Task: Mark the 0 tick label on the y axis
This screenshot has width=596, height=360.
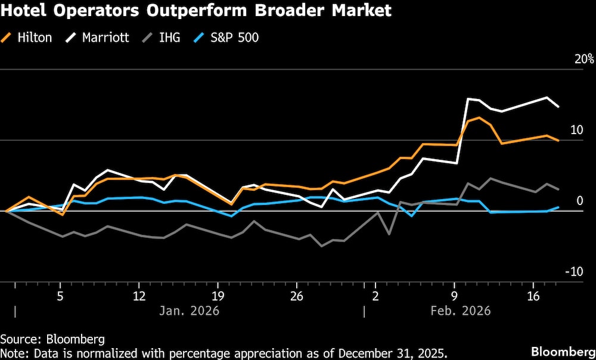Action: (579, 201)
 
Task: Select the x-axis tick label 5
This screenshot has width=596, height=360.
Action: (60, 296)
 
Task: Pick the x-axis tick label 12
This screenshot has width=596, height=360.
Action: (139, 296)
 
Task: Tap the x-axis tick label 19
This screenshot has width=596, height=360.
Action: (218, 296)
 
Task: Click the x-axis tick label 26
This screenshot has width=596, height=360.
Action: (297, 296)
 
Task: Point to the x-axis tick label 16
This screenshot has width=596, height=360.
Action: (533, 296)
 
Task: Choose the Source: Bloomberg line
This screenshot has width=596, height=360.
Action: (52, 339)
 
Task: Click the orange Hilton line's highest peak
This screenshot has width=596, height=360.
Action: (479, 117)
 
